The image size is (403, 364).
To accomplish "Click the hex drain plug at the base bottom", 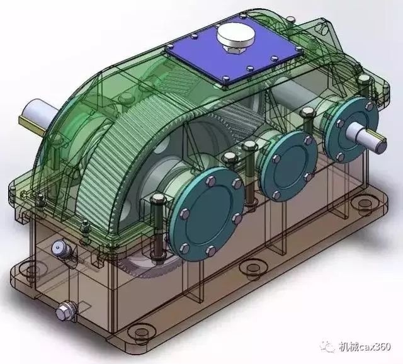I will click(x=65, y=311).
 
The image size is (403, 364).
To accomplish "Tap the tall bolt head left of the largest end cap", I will click(x=156, y=202).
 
